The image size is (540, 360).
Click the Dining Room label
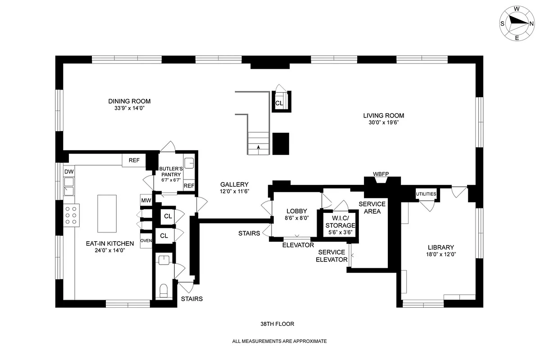click(129, 101)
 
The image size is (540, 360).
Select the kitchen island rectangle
click(107, 207)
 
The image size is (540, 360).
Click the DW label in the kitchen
click(68, 172)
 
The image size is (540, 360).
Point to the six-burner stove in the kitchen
click(71, 215)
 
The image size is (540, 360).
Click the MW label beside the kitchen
click(145, 201)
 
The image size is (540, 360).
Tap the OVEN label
click(146, 240)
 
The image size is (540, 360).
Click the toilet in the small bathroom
click(163, 288)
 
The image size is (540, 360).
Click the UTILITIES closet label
click(426, 194)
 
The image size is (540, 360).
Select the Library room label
click(440, 247)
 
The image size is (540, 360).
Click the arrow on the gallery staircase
click(259, 147)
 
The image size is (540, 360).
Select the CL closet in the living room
click(279, 103)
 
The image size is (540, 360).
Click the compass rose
click(517, 23)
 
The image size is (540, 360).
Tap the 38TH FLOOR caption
click(277, 324)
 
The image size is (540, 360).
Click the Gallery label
click(234, 184)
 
